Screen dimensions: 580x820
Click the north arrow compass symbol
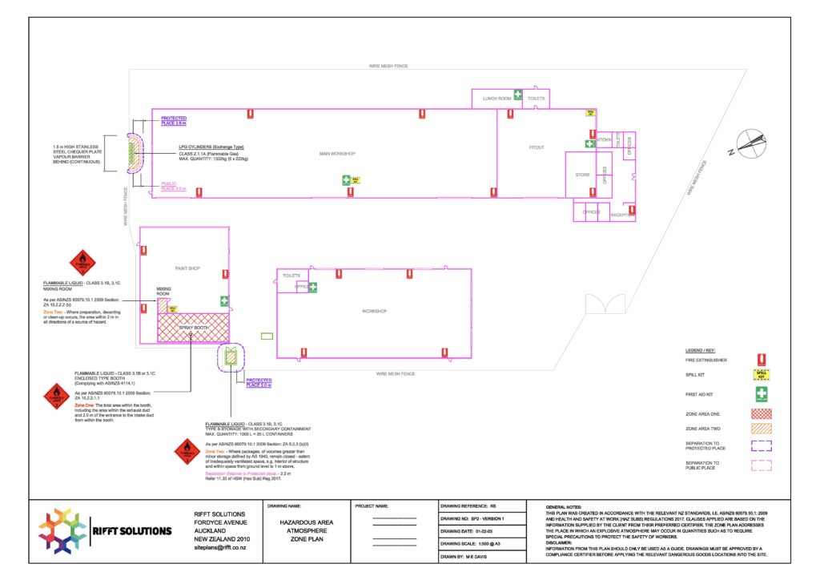click(x=751, y=144)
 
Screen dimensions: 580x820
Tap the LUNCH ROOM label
click(x=496, y=99)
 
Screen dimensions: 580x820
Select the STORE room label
click(x=582, y=174)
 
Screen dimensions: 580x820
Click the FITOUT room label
click(x=537, y=147)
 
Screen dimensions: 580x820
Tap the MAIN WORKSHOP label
click(x=336, y=153)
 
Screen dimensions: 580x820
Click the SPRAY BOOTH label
click(x=193, y=328)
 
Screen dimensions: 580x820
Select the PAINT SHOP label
click(x=187, y=269)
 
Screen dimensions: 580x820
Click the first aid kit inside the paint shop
click(x=224, y=301)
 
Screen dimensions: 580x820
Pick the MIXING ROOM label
click(x=164, y=291)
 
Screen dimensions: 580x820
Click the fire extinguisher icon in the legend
click(x=762, y=360)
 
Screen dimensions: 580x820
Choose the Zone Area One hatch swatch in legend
click(x=762, y=414)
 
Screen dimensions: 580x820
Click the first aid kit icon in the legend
click(x=762, y=393)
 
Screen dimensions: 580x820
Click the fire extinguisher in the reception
click(x=632, y=211)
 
